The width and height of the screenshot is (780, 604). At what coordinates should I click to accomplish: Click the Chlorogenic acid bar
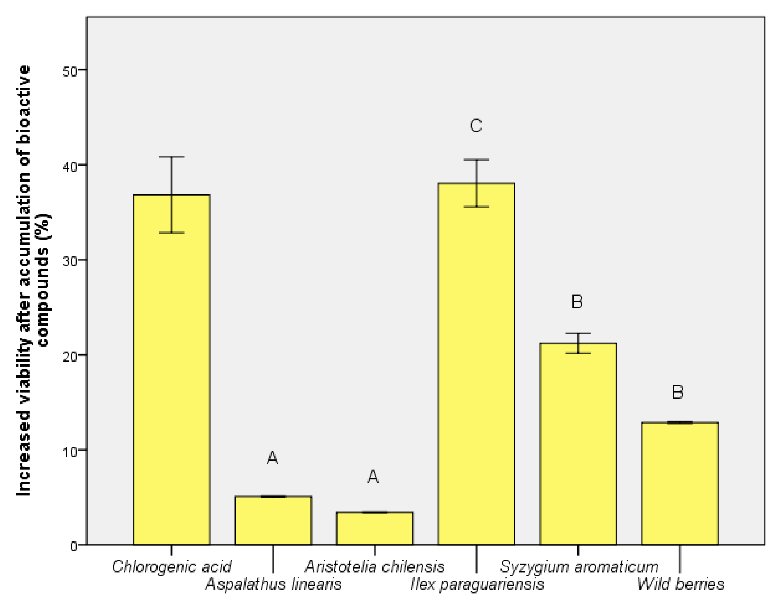(171, 369)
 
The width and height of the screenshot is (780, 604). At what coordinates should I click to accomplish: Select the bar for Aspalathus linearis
(273, 521)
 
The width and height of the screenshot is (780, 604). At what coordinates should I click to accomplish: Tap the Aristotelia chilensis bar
(375, 528)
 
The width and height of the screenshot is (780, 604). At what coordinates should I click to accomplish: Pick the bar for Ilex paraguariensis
(476, 364)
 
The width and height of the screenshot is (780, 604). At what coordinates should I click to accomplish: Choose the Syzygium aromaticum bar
(578, 444)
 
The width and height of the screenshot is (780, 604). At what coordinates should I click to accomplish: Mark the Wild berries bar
(680, 483)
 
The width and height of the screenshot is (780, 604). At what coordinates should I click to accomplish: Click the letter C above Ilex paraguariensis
(476, 126)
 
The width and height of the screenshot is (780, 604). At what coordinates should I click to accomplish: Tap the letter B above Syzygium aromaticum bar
(577, 302)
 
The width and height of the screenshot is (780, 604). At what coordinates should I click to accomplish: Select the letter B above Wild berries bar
(678, 392)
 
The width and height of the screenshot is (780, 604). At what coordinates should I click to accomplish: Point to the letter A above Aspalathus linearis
(272, 458)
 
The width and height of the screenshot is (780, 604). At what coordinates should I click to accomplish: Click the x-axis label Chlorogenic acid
(172, 567)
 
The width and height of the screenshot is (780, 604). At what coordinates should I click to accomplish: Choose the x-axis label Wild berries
(681, 584)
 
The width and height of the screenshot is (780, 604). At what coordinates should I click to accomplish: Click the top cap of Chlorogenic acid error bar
(171, 157)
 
